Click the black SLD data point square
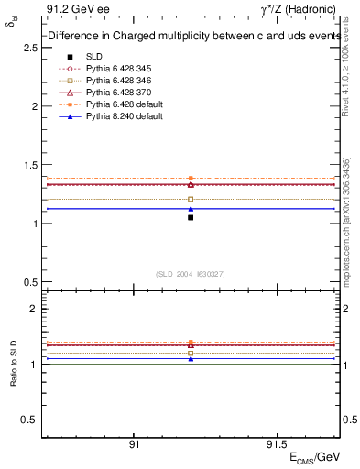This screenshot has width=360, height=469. [191, 217]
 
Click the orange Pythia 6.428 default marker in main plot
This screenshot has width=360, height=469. [191, 179]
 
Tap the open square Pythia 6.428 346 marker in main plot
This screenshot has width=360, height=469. [191, 199]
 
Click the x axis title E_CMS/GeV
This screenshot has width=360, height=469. [315, 456]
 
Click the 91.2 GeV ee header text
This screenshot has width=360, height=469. [70, 11]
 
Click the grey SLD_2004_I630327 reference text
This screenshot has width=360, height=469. [191, 274]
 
